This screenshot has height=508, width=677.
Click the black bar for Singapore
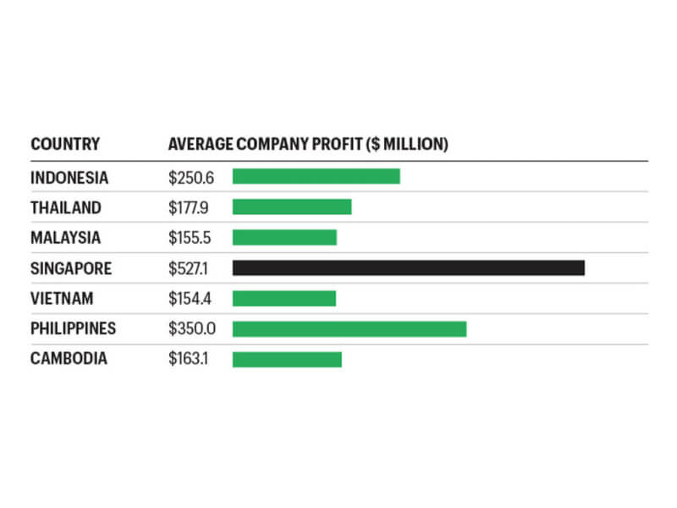(x=409, y=268)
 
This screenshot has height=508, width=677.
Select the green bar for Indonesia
(x=316, y=176)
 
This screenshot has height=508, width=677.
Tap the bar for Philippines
(x=350, y=329)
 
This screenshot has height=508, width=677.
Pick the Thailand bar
(x=292, y=207)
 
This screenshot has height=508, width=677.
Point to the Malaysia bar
(x=284, y=237)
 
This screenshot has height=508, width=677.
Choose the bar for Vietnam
(x=284, y=298)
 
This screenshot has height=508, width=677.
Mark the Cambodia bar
(x=287, y=359)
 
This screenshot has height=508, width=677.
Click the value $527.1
(x=187, y=268)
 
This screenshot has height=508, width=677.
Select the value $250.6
(x=190, y=177)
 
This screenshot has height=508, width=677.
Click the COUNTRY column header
(x=65, y=145)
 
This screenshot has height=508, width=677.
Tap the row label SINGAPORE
(x=71, y=268)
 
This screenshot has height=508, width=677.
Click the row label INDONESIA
(x=69, y=177)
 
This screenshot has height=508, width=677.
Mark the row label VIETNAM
(x=62, y=299)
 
